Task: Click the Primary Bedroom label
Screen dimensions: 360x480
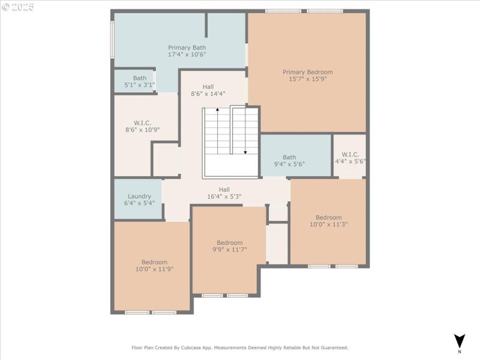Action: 307,72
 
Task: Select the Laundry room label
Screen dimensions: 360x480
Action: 140,196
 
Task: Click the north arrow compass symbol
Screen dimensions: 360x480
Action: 459,339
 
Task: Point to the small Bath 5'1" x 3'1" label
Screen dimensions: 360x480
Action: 140,78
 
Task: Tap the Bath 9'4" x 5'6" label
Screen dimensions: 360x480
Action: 289,157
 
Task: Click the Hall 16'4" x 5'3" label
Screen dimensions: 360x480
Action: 224,190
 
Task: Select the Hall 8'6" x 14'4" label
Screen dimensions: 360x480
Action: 208,86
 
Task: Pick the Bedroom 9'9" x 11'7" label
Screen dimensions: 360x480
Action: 229,242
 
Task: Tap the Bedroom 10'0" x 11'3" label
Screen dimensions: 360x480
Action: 329,217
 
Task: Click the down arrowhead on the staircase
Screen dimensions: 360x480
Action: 245,152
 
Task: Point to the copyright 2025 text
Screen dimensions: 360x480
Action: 18,7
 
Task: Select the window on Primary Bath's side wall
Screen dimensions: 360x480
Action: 112,40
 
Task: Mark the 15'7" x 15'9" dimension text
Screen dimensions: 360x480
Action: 307,79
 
